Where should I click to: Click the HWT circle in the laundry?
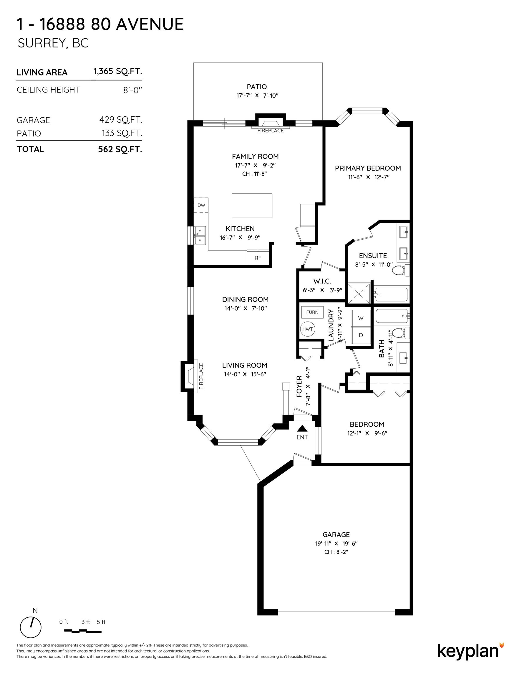coord(308,329)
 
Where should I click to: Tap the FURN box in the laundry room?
coord(312,312)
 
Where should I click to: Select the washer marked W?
coord(361,318)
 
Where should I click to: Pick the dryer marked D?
coord(361,335)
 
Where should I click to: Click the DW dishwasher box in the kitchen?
coord(201,205)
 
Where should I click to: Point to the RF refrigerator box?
coord(258,258)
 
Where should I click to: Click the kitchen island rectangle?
coord(252,205)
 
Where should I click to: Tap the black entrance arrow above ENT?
coord(302,429)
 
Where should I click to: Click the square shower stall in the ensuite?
coord(359,293)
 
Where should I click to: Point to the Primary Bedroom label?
coord(368,168)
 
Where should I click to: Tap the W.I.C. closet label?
coord(322,281)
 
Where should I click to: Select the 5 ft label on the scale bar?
coord(101,622)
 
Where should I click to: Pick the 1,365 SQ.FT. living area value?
coord(118,72)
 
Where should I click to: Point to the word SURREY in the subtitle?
coord(41,43)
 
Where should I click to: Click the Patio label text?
coord(257,87)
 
